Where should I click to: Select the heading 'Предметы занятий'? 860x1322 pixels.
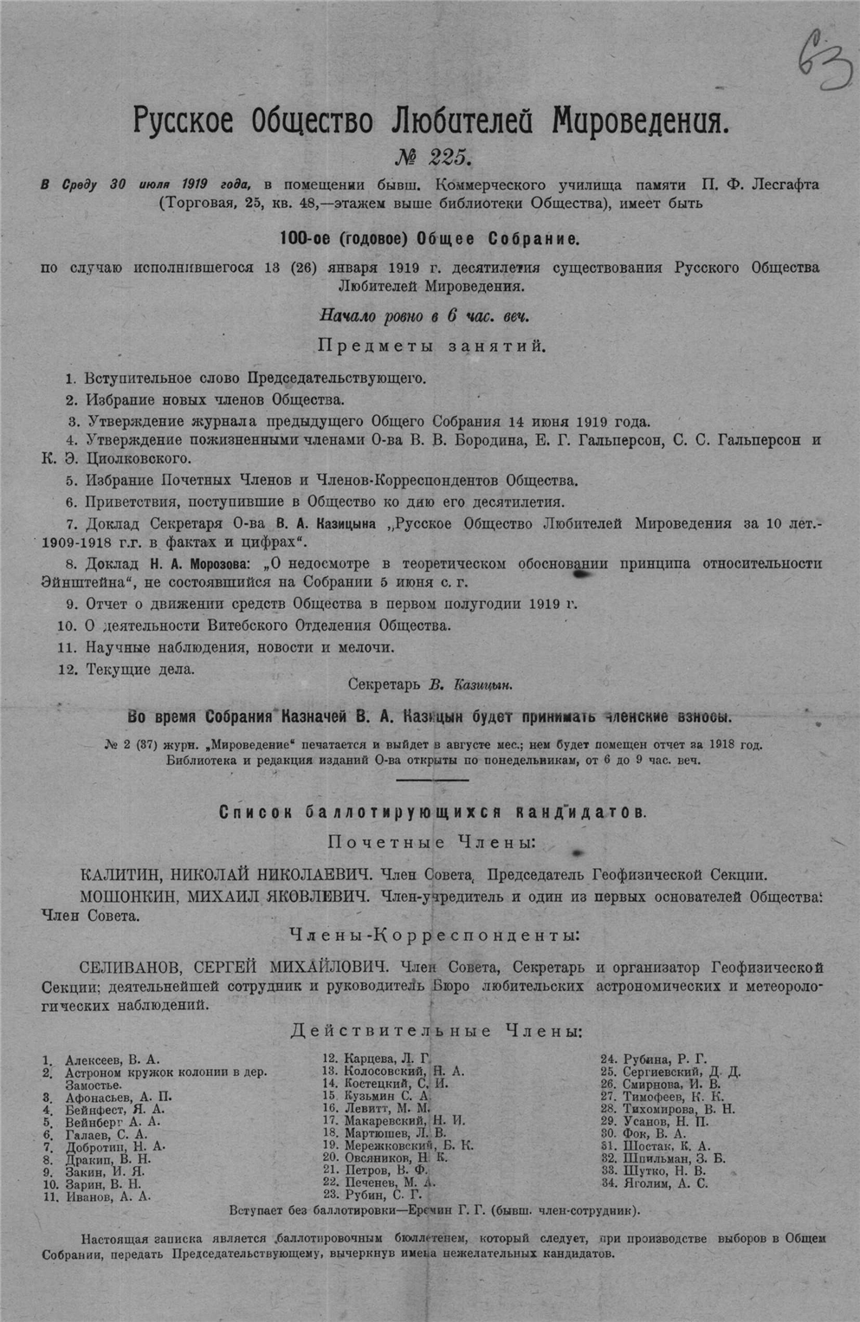[x=431, y=346]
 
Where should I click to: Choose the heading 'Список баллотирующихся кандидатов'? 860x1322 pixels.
[x=430, y=813]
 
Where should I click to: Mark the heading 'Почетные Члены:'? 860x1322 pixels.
[x=430, y=842]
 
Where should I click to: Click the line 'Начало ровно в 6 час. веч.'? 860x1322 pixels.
[x=424, y=316]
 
